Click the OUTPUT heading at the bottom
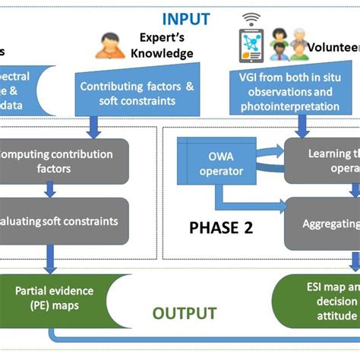coord(185,313)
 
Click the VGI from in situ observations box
coord(289,93)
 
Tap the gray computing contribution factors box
coord(57,161)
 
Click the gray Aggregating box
coord(323,224)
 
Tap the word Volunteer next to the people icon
coord(333,47)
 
